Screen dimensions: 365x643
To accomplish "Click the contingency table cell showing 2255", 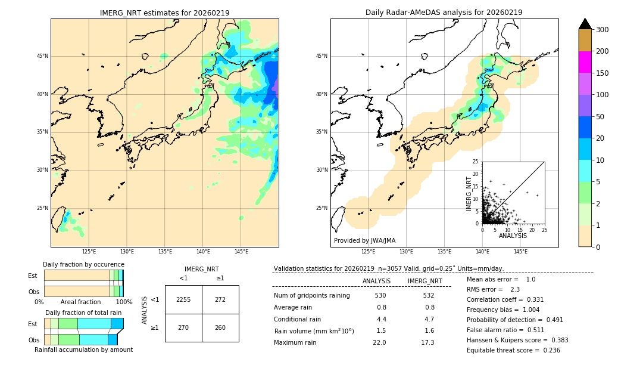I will pyautogui.click(x=183, y=299).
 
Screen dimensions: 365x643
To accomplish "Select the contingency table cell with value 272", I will pyautogui.click(x=220, y=299).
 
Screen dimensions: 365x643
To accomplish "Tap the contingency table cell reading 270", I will pyautogui.click(x=183, y=327).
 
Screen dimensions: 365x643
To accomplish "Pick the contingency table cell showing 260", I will pyautogui.click(x=220, y=327).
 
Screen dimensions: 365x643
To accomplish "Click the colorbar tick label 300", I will pyautogui.click(x=603, y=30).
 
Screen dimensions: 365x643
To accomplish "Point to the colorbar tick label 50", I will pyautogui.click(x=600, y=117).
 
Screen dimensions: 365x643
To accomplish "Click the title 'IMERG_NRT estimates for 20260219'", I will pyautogui.click(x=164, y=13).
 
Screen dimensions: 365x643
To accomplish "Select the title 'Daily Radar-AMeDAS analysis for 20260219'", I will pyautogui.click(x=444, y=13).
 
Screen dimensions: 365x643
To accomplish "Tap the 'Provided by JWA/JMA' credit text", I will pyautogui.click(x=364, y=241).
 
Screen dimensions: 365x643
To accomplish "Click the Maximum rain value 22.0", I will pyautogui.click(x=380, y=342).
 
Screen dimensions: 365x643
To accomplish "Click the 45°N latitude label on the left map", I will pyautogui.click(x=42, y=56).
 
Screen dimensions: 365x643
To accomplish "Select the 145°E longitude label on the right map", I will pyautogui.click(x=520, y=252).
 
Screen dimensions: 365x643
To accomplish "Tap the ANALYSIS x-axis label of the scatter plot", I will pyautogui.click(x=513, y=236).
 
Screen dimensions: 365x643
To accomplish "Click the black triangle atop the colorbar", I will pyautogui.click(x=585, y=24).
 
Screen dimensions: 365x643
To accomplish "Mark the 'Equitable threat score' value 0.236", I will pyautogui.click(x=549, y=350).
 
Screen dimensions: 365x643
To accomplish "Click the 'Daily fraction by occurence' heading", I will pyautogui.click(x=83, y=264).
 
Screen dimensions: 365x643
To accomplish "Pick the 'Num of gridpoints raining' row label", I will pyautogui.click(x=312, y=296).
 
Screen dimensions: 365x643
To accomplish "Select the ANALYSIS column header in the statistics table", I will pyautogui.click(x=376, y=281).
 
